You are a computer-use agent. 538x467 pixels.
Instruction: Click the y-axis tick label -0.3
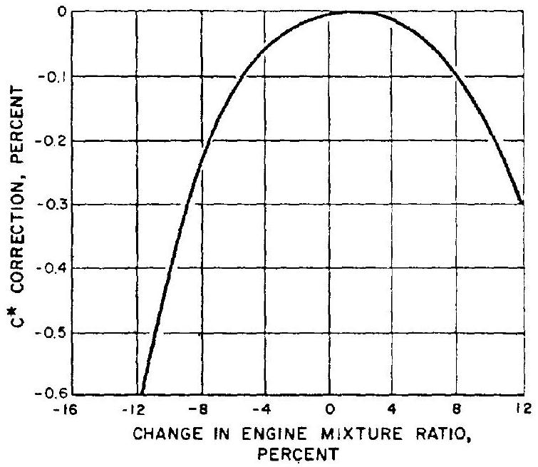click(57, 205)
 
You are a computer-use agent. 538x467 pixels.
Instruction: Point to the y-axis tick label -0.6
click(57, 394)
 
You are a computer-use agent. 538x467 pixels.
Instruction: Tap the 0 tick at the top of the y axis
click(63, 12)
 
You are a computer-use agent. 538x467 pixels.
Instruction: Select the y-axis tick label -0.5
click(57, 332)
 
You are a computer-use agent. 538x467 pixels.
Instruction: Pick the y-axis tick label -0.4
click(57, 269)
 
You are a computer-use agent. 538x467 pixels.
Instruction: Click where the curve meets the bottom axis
click(140, 394)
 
